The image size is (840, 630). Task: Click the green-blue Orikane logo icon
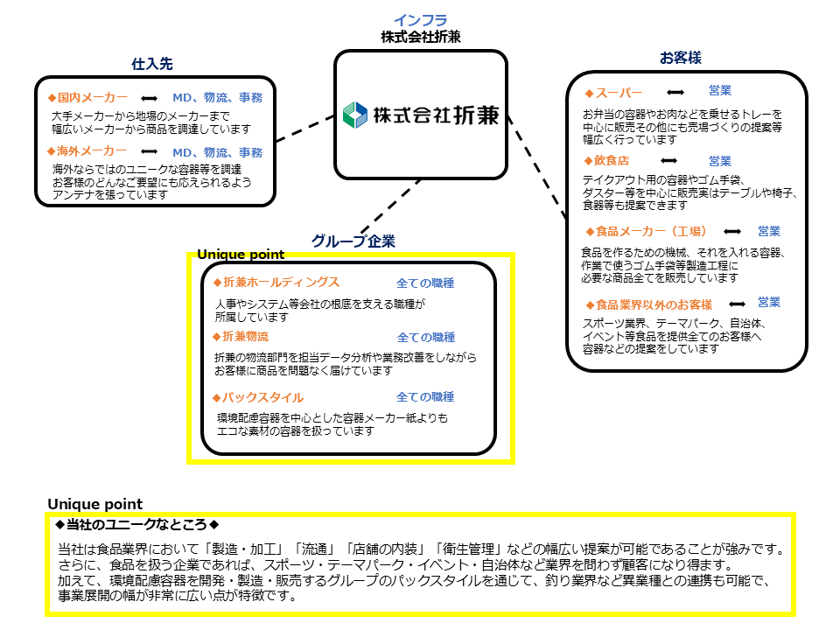click(355, 115)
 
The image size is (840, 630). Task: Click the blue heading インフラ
click(421, 20)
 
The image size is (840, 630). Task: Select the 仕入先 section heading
click(152, 64)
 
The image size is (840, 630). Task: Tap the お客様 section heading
click(681, 58)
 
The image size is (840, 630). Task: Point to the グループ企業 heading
click(353, 241)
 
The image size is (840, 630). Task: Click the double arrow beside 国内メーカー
click(149, 99)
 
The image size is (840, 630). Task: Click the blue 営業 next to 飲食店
click(720, 161)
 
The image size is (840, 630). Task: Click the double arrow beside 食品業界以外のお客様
click(737, 304)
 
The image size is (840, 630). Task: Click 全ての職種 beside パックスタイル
click(425, 397)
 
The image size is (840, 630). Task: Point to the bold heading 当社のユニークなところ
click(136, 524)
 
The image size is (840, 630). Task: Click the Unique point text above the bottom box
click(95, 504)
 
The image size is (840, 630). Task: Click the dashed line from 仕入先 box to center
click(305, 129)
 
